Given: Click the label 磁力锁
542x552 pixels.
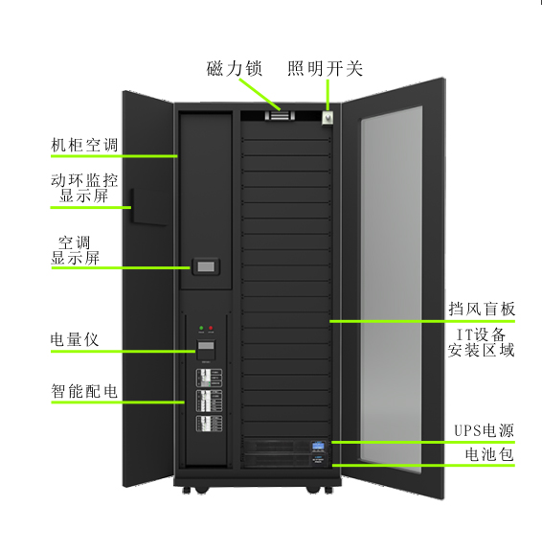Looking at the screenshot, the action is coord(234,68).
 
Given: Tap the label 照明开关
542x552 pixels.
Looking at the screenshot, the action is coord(325,68).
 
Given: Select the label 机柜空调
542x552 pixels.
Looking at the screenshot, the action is coord(84,145).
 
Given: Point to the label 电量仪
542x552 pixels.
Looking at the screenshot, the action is coord(74,339).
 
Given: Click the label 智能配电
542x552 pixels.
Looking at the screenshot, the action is coord(84,391).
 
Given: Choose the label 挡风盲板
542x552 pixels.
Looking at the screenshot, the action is coord(482,310).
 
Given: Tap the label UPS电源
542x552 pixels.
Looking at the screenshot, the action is coord(484,430).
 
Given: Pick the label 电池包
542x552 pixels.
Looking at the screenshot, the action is coord(489,454).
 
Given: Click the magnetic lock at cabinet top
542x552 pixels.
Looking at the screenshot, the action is coord(280,115).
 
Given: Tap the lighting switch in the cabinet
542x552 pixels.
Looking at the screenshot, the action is coord(327,118).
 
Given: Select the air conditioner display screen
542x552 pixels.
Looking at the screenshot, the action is coord(206,266).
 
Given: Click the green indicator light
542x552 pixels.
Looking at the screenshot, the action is coord(201,328).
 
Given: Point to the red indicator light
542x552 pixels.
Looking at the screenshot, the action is coord(211,328).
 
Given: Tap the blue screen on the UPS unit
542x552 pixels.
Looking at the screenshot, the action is coord(318,446).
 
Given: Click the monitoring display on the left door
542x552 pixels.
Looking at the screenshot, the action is coord(147,207).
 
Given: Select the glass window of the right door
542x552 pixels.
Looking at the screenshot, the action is coord(391,289).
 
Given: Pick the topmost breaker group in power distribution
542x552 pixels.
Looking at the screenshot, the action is coord(209,379).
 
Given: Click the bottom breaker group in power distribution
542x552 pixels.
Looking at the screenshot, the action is coord(209,424).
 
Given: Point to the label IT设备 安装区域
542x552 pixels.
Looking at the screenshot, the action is coord(481,342).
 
